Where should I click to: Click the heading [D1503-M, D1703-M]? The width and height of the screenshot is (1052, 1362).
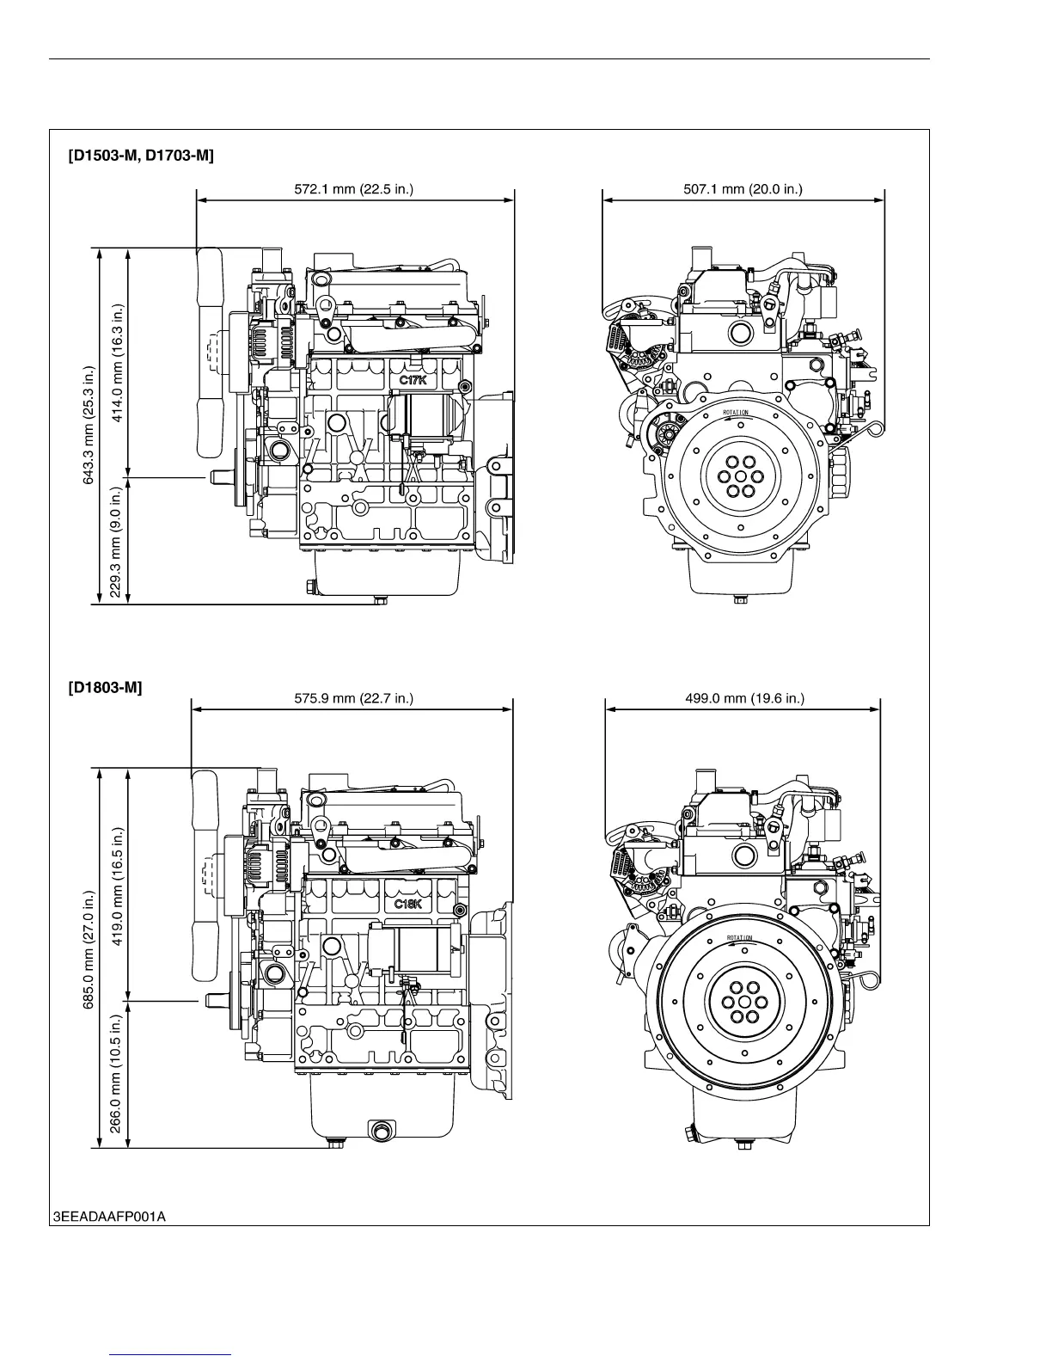pyautogui.click(x=141, y=156)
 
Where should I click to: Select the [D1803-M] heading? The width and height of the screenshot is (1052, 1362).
pyautogui.click(x=106, y=687)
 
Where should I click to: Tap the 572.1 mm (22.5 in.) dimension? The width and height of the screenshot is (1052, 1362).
pyautogui.click(x=354, y=189)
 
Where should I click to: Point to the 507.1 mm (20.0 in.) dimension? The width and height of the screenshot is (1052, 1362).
pyautogui.click(x=743, y=189)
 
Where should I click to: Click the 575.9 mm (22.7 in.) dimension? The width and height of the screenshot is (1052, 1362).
pyautogui.click(x=354, y=698)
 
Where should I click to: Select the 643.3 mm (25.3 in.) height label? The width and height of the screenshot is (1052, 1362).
pyautogui.click(x=88, y=426)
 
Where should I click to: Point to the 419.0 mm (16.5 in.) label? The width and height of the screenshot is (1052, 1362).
pyautogui.click(x=118, y=886)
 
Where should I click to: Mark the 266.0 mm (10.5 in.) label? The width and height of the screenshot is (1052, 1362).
pyautogui.click(x=118, y=1075)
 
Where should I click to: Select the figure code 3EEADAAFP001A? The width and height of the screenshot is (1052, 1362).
pyautogui.click(x=108, y=1216)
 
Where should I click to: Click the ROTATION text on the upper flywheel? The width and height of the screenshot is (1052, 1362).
pyautogui.click(x=736, y=414)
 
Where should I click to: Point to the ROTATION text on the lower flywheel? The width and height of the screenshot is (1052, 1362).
pyautogui.click(x=739, y=938)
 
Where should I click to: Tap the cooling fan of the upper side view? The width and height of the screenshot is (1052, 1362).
pyautogui.click(x=209, y=353)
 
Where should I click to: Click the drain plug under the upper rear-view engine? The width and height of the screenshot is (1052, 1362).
pyautogui.click(x=739, y=599)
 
